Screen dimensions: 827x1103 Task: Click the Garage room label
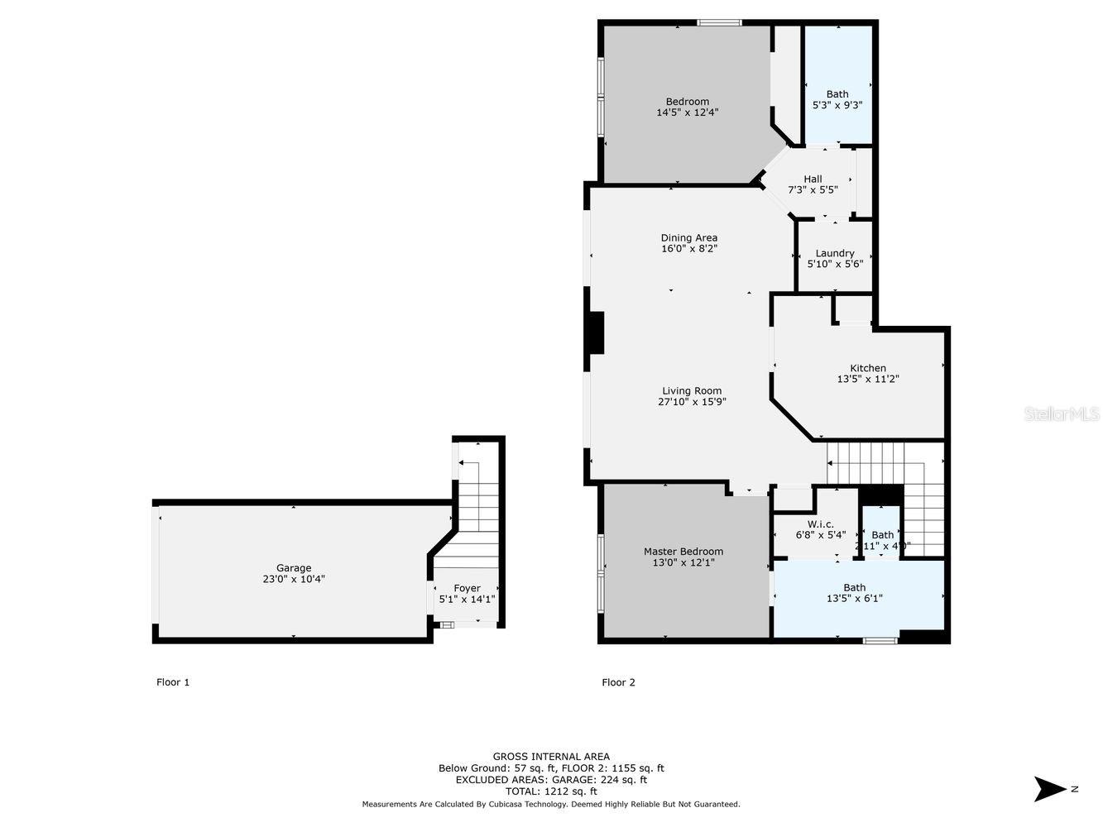coord(293,568)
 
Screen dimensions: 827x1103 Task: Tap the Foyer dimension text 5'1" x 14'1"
coord(467,600)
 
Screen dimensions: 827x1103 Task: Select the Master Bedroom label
coord(683,552)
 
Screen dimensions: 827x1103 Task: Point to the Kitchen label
coord(867,368)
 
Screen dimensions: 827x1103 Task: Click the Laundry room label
coord(834,254)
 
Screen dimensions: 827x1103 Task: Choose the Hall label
coord(813,179)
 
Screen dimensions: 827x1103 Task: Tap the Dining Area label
coord(688,238)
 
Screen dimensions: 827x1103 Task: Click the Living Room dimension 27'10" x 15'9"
coord(692,402)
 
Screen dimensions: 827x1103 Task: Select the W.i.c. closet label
coord(820,524)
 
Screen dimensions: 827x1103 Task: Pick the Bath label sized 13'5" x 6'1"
coord(854,588)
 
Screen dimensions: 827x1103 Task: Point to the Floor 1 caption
coord(173,682)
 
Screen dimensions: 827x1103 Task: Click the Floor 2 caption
coord(618,682)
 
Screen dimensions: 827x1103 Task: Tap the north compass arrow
coord(1049,788)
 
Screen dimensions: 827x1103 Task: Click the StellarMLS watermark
coord(1062,413)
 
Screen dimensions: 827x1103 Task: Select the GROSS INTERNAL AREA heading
coord(551,756)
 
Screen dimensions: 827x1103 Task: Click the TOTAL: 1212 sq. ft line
coord(551,791)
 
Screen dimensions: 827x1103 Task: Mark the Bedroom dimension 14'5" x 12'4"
coord(687,112)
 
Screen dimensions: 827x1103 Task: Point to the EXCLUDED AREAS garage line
coord(551,779)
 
